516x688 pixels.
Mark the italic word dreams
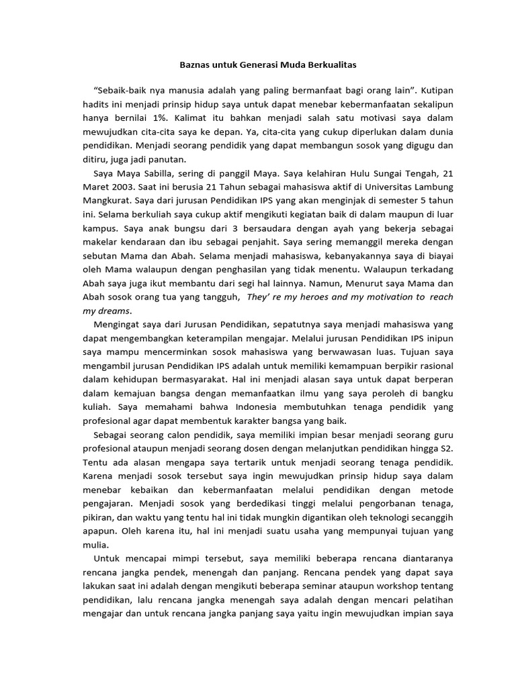[x=114, y=310]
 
